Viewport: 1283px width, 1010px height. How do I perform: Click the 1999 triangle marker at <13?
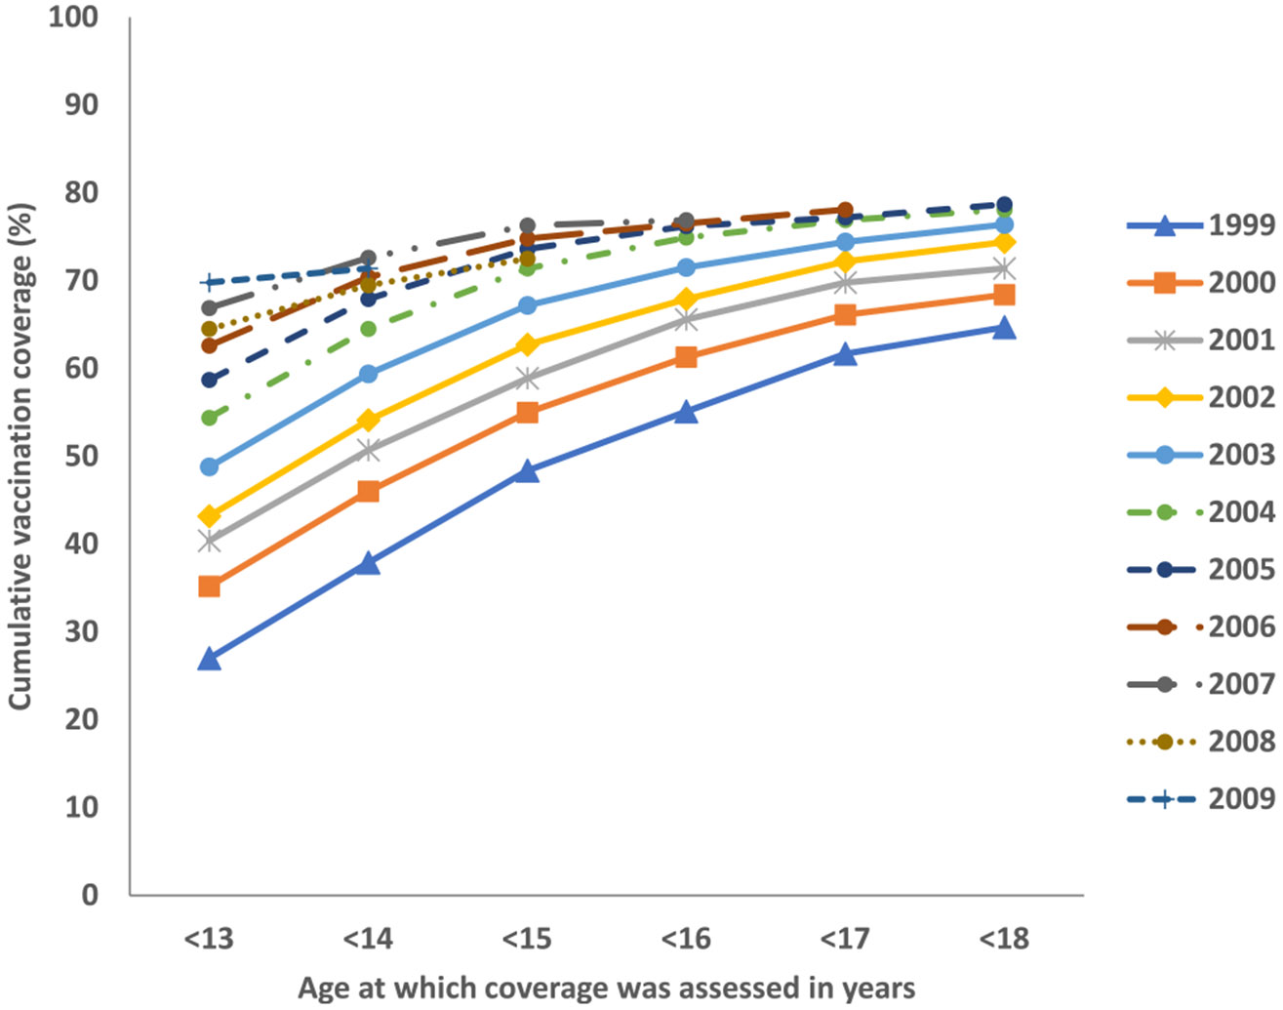pyautogui.click(x=209, y=660)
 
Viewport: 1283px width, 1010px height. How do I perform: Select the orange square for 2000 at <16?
pyautogui.click(x=686, y=357)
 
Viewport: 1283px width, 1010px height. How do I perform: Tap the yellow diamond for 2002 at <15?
pyautogui.click(x=527, y=344)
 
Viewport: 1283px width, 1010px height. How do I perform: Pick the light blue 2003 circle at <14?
pyautogui.click(x=368, y=374)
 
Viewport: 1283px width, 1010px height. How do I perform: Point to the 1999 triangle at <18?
pyautogui.click(x=1004, y=329)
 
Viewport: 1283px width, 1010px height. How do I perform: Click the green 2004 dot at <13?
pyautogui.click(x=209, y=418)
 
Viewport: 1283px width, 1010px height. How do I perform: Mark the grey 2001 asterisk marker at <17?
pyautogui.click(x=845, y=283)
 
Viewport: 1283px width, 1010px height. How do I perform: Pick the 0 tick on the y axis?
pyautogui.click(x=90, y=894)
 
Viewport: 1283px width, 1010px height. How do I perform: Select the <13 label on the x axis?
pyautogui.click(x=209, y=939)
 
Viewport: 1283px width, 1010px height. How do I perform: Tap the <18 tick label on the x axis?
pyautogui.click(x=1004, y=939)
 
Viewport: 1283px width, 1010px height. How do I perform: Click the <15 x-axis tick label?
pyautogui.click(x=527, y=939)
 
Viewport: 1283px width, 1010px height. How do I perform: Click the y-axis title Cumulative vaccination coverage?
pyautogui.click(x=21, y=456)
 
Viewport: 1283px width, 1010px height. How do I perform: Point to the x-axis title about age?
pyautogui.click(x=606, y=988)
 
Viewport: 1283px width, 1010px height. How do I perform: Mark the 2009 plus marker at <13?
pyautogui.click(x=209, y=283)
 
